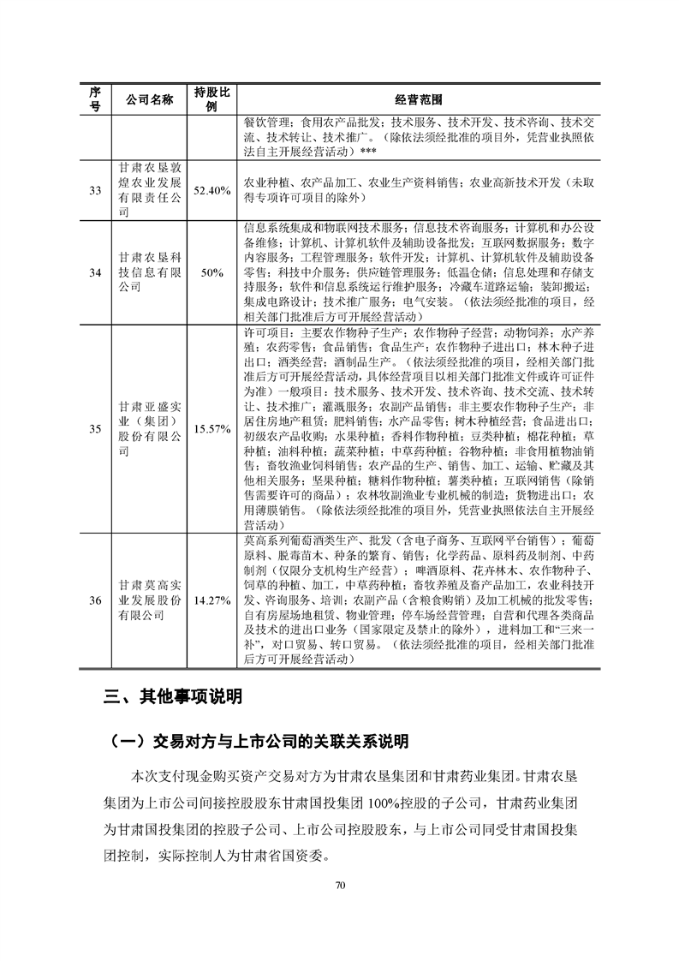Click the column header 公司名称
click(x=150, y=99)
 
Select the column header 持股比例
click(x=211, y=99)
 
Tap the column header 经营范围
click(x=419, y=99)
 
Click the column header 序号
click(x=95, y=99)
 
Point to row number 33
click(x=95, y=190)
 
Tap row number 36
click(x=95, y=599)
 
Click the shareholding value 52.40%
click(x=211, y=190)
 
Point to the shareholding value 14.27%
click(x=211, y=599)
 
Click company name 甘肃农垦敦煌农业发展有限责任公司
click(x=150, y=190)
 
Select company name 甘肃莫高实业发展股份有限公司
click(x=150, y=599)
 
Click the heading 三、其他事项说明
click(x=173, y=697)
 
